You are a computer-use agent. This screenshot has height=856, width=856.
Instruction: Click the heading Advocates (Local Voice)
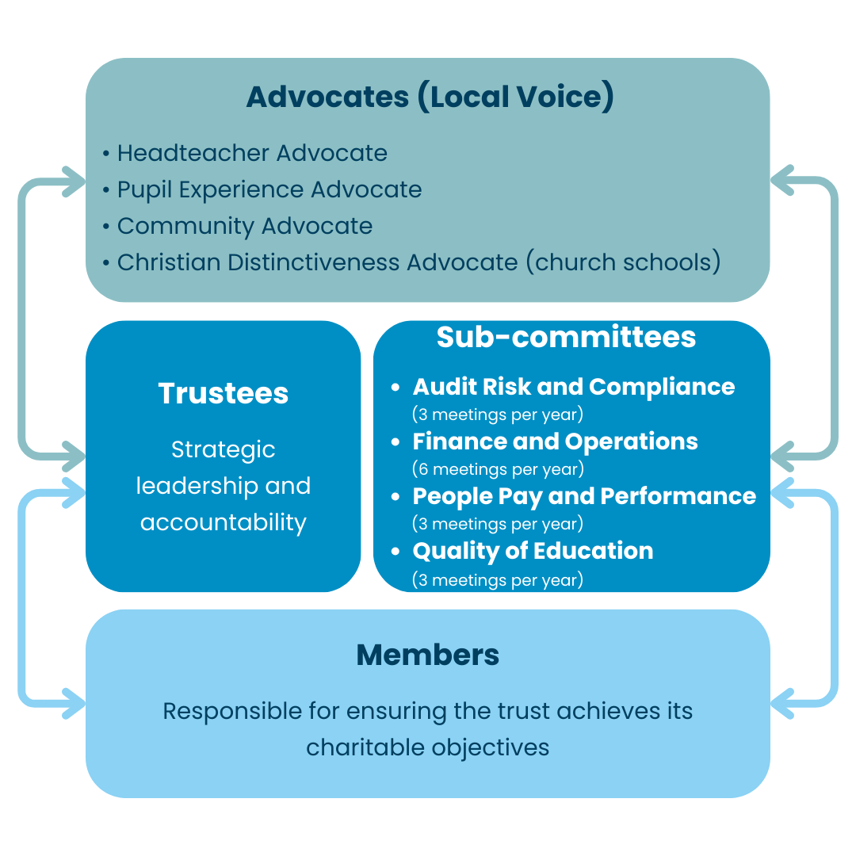coord(430,97)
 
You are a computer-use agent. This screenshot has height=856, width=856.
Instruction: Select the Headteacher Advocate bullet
coord(252,153)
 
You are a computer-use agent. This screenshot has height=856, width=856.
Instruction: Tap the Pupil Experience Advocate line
coord(269,189)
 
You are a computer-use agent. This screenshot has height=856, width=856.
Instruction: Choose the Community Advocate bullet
coord(244,226)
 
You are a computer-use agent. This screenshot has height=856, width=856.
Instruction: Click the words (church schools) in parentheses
coord(623,262)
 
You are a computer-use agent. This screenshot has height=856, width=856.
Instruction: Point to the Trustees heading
coord(223,394)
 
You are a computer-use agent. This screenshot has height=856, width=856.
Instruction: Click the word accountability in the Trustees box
coord(223,522)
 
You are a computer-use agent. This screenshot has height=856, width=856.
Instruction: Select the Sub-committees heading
coord(566,337)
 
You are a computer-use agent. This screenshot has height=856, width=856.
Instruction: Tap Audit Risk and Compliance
coord(573,387)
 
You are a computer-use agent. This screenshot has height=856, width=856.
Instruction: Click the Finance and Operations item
coord(555,441)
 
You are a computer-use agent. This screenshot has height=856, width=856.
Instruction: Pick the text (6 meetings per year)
coord(498,469)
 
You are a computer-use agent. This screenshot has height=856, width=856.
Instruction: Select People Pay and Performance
coord(584,496)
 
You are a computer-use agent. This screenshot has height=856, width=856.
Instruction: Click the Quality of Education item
coord(533,551)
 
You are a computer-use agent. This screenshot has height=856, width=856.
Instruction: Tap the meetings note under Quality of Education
coord(498,579)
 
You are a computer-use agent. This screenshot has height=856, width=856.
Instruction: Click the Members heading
coord(428,655)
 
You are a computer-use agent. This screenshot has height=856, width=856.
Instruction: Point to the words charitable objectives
coord(428,747)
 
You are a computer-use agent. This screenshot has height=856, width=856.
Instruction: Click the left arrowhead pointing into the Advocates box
coord(76,182)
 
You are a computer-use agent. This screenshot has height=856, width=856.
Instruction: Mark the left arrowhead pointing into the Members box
coord(76,701)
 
